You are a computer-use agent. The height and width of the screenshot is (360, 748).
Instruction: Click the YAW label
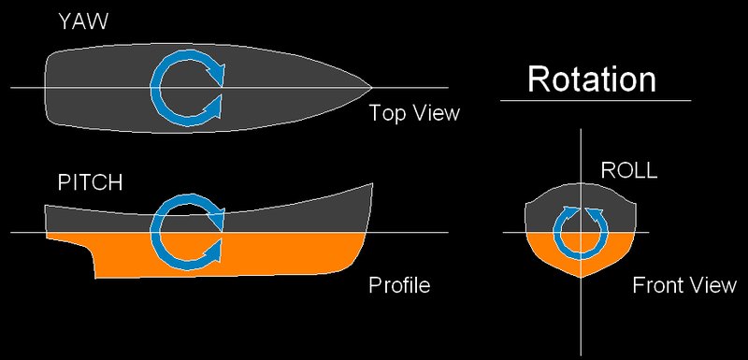82,22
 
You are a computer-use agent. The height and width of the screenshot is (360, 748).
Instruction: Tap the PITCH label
90,183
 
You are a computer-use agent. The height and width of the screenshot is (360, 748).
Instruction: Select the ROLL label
628,170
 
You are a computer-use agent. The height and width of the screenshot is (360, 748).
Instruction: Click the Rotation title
592,79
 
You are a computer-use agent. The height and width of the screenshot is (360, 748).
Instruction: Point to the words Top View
414,113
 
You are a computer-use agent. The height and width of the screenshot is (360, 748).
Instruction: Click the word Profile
399,285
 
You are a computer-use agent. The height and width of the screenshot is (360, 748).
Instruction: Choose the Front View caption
684,285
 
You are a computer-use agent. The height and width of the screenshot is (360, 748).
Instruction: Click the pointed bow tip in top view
371,87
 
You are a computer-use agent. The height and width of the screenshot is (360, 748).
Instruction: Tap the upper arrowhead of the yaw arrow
216,70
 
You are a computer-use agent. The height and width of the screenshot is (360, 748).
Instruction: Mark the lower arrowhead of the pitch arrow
215,250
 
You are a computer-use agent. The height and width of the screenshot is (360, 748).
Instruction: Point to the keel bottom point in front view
581,278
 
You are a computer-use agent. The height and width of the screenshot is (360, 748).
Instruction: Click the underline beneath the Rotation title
596,101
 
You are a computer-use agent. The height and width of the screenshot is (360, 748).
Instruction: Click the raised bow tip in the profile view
372,183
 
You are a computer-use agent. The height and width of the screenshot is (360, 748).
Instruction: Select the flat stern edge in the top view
45,88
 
